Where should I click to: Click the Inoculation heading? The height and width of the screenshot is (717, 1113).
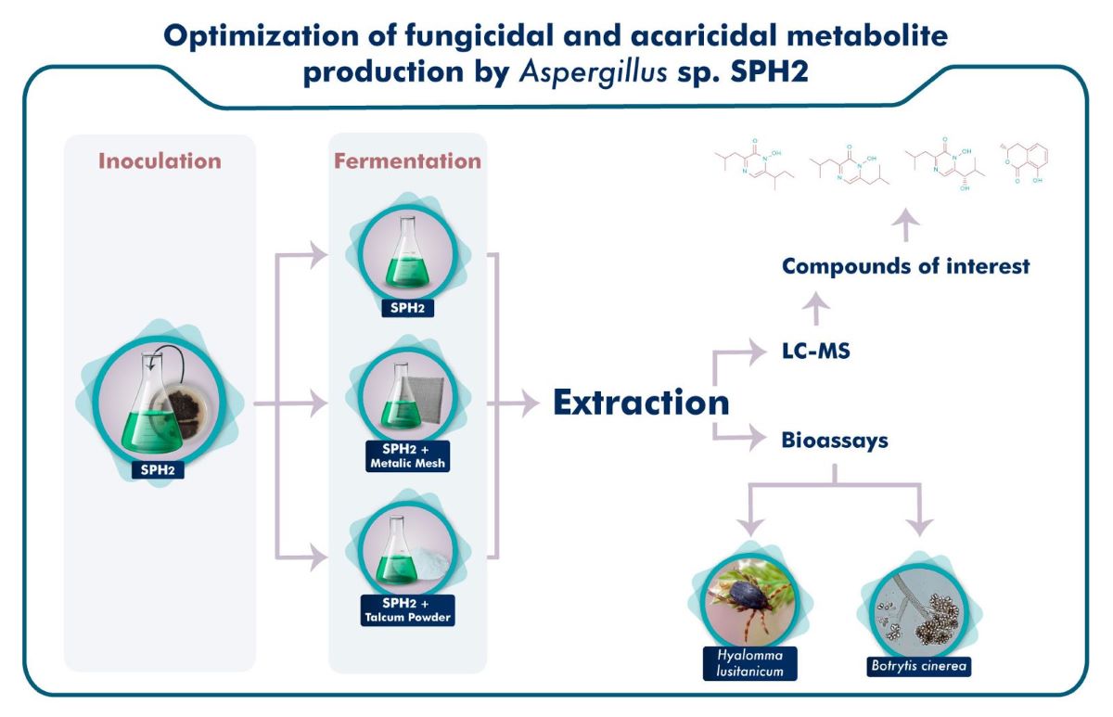pos(160,161)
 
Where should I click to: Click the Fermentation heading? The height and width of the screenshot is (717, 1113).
pos(408,161)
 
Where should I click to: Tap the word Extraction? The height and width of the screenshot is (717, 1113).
pos(641,403)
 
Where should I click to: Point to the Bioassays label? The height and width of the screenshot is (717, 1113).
pos(835,440)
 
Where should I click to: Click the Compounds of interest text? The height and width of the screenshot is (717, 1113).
pos(905,267)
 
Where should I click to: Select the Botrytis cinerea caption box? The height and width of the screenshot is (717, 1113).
pos(915,666)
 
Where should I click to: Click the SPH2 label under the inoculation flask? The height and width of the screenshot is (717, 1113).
pos(158,469)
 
